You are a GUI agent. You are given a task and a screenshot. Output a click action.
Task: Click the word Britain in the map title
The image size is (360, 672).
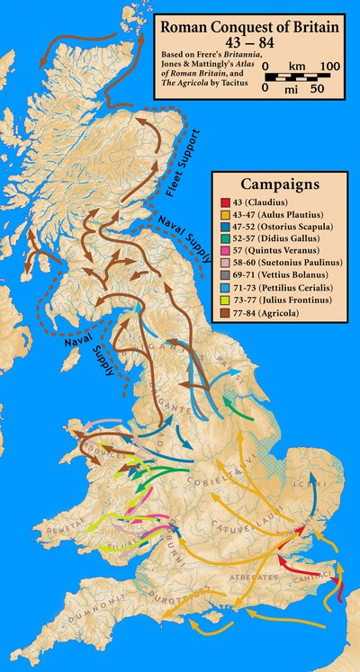coord(314,29)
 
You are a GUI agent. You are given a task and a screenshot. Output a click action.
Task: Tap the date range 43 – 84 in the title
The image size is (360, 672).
coord(250,43)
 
